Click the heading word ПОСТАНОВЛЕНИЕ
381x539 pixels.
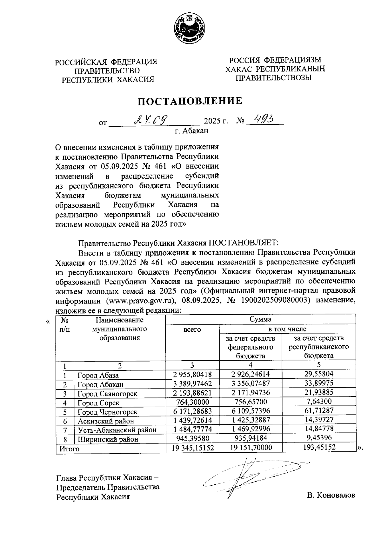[190, 101]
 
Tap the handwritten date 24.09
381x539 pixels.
[150, 120]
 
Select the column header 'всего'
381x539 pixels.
[192, 329]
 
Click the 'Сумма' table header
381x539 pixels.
[260, 319]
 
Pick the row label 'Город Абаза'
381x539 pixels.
[98, 375]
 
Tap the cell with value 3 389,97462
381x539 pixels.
[192, 384]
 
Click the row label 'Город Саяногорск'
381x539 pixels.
[107, 394]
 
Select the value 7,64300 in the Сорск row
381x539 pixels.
[318, 402]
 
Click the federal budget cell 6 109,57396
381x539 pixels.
[251, 411]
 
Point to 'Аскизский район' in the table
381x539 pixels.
[106, 421]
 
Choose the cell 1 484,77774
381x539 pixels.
[192, 430]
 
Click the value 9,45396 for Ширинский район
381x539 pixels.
[318, 439]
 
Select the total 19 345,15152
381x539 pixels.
[192, 448]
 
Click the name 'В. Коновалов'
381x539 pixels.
[331, 495]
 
